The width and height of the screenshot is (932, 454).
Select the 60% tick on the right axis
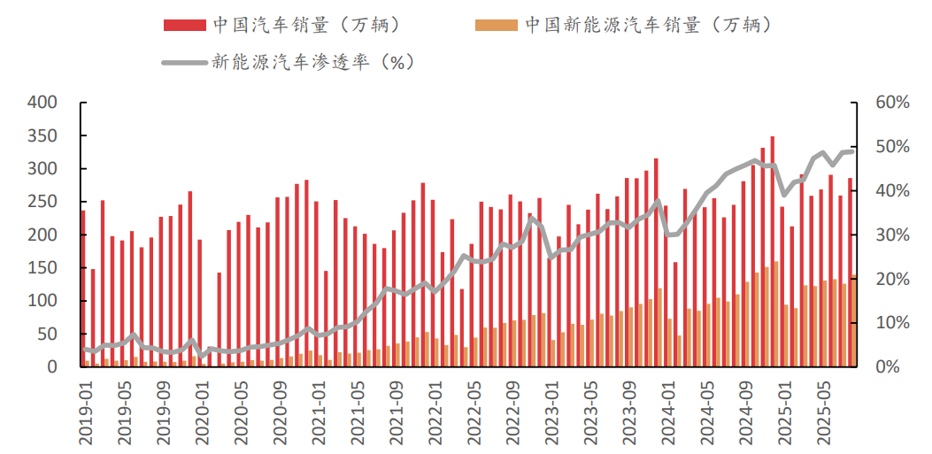click(x=890, y=103)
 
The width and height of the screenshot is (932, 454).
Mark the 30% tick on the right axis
click(x=890, y=235)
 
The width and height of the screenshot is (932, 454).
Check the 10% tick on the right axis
click(x=890, y=322)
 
